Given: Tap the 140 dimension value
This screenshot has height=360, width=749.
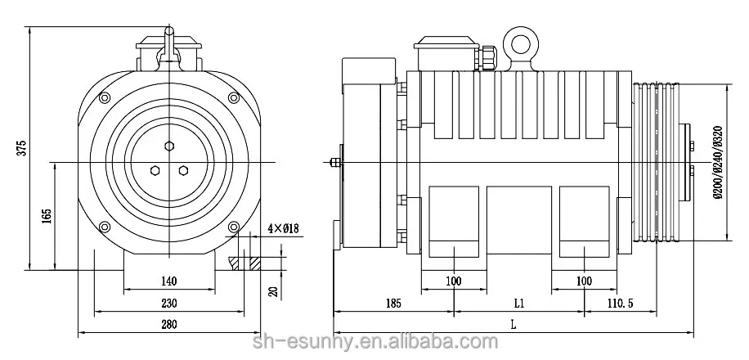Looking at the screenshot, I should [x=169, y=281].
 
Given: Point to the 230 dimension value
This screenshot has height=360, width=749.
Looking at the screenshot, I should [x=169, y=302].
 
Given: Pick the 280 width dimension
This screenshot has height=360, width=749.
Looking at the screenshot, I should [x=169, y=325].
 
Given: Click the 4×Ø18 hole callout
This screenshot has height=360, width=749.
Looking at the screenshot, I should [x=282, y=228].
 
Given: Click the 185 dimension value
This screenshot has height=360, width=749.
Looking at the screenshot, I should [x=393, y=303].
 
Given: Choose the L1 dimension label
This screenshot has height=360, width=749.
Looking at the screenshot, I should [x=518, y=303].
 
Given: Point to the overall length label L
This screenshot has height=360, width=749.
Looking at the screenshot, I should [x=513, y=325].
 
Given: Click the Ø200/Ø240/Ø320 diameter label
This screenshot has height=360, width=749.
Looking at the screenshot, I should [x=717, y=160].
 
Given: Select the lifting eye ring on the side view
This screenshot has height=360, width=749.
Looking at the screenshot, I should [x=518, y=42].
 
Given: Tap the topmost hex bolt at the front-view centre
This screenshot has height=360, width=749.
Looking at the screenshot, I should [x=169, y=146].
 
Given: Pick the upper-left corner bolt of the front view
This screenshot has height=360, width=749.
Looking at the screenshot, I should [x=105, y=99].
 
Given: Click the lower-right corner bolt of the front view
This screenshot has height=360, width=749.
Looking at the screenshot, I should [x=234, y=227].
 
